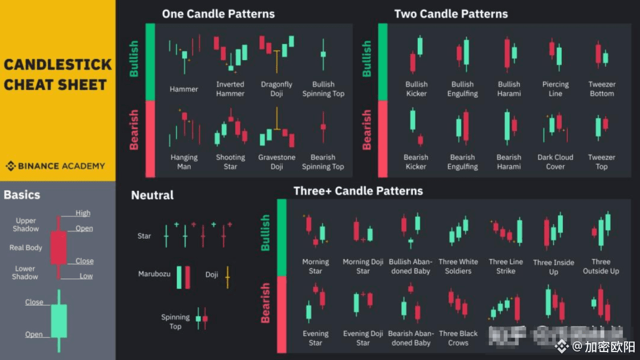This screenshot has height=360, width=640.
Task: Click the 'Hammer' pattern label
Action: click(x=184, y=89)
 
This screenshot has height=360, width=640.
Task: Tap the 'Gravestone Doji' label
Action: click(x=276, y=162)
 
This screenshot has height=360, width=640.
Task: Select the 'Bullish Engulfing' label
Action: click(x=462, y=89)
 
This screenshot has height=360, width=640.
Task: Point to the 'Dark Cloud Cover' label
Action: click(x=555, y=162)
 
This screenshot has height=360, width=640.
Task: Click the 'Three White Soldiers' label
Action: click(x=458, y=266)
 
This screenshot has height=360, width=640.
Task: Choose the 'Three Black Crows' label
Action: click(x=458, y=338)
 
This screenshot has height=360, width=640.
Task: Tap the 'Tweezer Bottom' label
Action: click(x=602, y=89)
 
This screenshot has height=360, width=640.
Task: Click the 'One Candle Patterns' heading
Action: click(x=218, y=14)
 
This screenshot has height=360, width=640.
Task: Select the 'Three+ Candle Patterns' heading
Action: click(x=358, y=191)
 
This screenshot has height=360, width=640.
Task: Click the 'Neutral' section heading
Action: click(x=153, y=195)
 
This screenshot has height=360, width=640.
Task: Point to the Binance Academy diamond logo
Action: click(x=11, y=166)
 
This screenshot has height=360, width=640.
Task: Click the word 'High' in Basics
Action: click(x=83, y=213)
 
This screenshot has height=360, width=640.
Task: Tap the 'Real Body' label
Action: click(x=26, y=248)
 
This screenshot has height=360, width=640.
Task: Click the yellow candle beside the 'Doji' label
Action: click(x=228, y=277)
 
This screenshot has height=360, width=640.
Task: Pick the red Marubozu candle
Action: click(x=188, y=277)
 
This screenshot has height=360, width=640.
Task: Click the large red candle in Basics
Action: click(x=58, y=247)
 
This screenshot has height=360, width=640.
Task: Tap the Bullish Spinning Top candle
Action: click(x=323, y=54)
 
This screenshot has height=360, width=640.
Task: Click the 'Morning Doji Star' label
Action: click(x=363, y=266)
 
